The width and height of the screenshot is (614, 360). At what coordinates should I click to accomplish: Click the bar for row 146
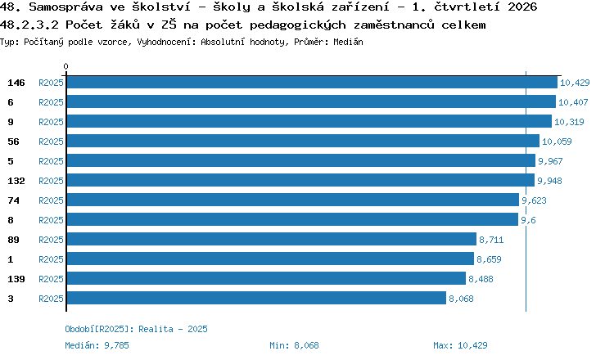(x=312, y=82)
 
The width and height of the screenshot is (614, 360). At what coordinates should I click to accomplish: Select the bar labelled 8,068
(x=256, y=298)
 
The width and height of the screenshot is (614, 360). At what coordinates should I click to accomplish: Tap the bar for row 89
(x=272, y=239)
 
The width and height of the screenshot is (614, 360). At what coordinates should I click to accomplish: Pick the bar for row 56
(x=303, y=141)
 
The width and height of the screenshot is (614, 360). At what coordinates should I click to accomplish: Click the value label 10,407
(x=573, y=102)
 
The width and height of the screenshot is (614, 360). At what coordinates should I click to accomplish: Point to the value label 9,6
(x=528, y=220)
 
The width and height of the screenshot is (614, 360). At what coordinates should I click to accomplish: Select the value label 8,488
(x=481, y=279)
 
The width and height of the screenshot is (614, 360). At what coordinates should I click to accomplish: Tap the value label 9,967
(x=550, y=161)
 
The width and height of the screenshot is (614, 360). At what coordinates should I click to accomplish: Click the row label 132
(x=16, y=181)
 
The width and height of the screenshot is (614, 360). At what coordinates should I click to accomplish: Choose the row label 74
(x=13, y=200)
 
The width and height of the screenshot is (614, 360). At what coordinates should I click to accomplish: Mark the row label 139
(x=16, y=279)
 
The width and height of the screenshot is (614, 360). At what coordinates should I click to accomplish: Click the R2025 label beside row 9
(x=51, y=122)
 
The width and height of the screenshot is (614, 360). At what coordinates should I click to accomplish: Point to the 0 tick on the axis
(x=65, y=66)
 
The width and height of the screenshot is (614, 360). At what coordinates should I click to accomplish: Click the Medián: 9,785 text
(x=97, y=345)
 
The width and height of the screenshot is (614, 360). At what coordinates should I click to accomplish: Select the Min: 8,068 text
(x=294, y=345)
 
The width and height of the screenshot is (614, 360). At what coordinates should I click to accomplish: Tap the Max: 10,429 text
(x=460, y=345)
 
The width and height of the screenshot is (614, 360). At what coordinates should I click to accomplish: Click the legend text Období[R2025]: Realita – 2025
(x=136, y=329)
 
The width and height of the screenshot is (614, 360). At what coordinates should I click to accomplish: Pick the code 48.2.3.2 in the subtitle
(x=29, y=25)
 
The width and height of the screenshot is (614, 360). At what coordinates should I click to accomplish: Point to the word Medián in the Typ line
(x=348, y=42)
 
